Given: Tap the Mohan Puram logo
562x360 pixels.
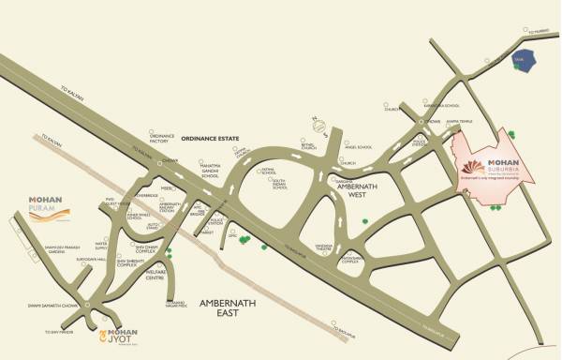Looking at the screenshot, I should [44, 206].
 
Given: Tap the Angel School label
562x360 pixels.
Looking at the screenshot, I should [359, 147].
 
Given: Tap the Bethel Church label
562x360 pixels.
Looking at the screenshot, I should [309, 148].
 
